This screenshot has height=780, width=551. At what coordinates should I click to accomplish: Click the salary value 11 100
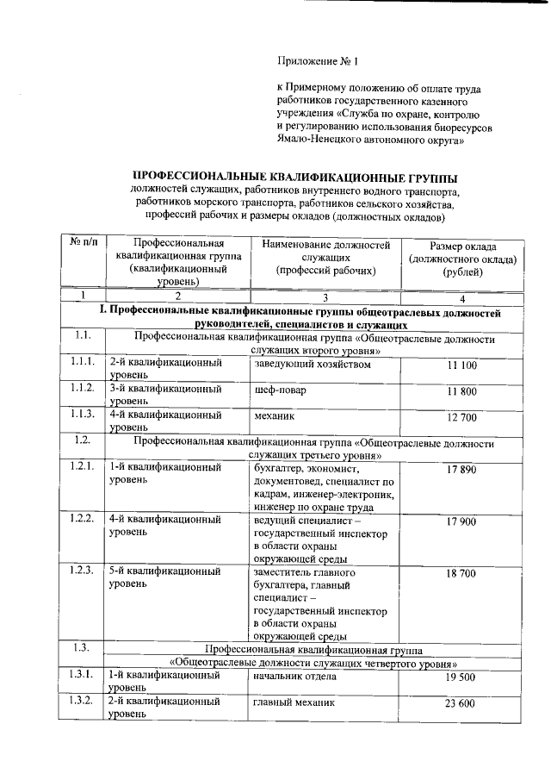461,366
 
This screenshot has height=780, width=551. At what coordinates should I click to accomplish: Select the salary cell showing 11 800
461,392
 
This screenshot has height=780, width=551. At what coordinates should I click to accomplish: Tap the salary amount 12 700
461,418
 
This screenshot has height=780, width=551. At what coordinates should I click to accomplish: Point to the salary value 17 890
461,470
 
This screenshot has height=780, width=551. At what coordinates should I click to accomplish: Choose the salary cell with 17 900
461,522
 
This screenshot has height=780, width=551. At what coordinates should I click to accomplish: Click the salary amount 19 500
461,678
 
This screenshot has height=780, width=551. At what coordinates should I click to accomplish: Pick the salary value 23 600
461,704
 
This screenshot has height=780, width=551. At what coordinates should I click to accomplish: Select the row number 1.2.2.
83,520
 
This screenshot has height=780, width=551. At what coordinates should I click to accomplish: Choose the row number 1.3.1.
83,676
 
